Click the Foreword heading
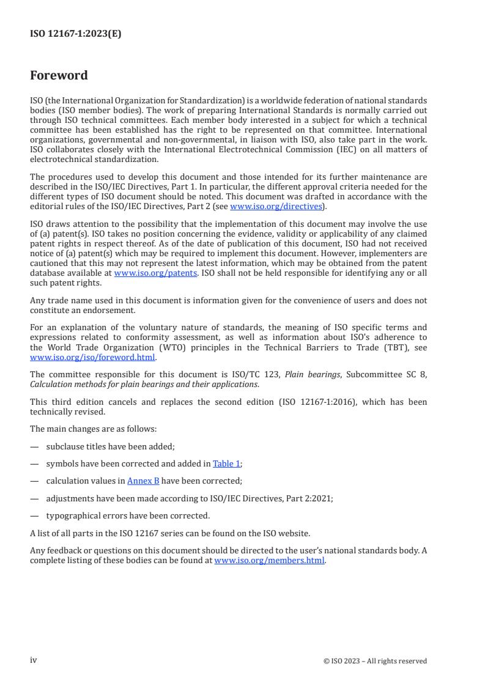(x=59, y=76)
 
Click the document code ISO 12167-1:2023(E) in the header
(x=75, y=34)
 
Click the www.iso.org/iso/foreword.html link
(x=92, y=357)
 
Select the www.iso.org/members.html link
(x=270, y=561)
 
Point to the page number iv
(x=34, y=660)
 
